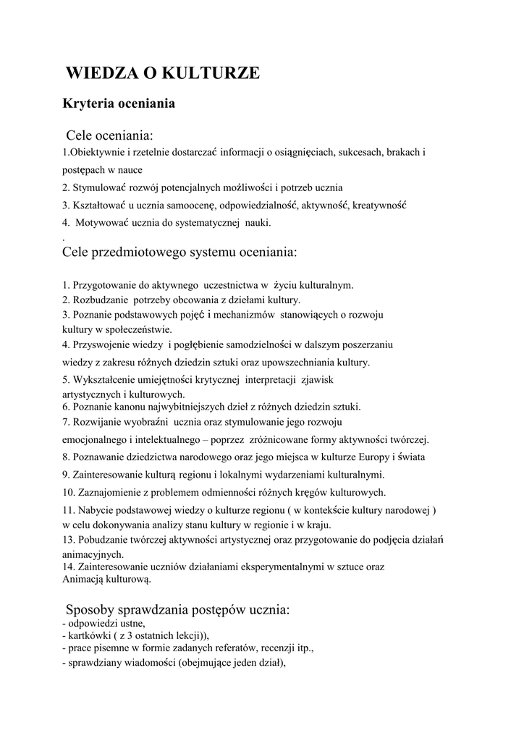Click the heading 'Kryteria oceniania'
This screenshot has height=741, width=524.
[x=119, y=103]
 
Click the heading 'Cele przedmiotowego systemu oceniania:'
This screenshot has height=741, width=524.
[x=180, y=253]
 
